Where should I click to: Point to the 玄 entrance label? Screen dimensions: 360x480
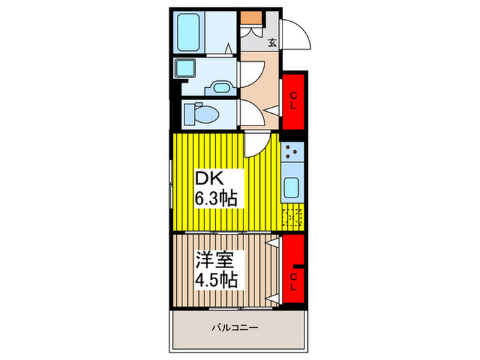(x=272, y=43)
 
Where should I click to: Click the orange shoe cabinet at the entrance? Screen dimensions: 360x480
(x=250, y=17)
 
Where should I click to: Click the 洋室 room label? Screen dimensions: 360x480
(x=215, y=261)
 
